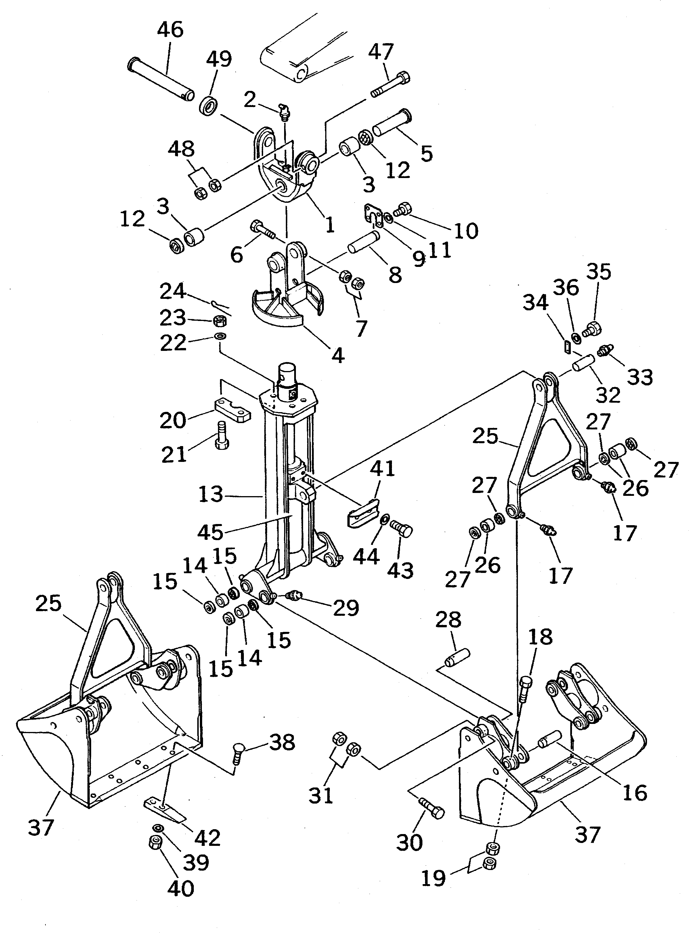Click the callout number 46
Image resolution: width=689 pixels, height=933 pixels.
click(x=170, y=30)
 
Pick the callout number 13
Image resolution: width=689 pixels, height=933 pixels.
click(x=210, y=495)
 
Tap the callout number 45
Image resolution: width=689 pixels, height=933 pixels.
click(x=210, y=532)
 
